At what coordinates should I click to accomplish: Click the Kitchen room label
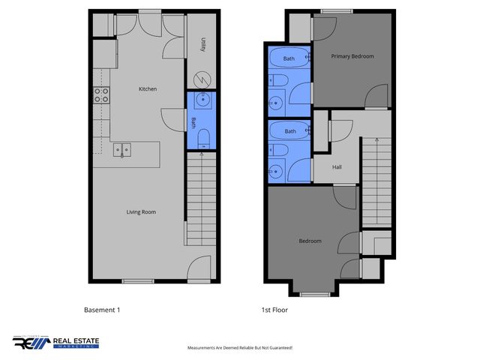point(148,89)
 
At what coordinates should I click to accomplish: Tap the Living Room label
point(141,212)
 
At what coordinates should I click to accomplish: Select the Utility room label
point(202,46)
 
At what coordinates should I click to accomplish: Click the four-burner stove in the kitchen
point(100,94)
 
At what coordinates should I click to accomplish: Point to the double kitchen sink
point(121,150)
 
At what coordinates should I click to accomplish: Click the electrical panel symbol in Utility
point(202,79)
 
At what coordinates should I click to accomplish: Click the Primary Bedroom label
point(352,56)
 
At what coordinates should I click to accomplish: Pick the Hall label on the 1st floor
point(337,167)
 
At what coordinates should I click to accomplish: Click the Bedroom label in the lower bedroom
point(310,241)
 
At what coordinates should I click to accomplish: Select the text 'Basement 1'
point(101,309)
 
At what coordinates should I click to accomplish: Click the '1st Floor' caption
point(274,309)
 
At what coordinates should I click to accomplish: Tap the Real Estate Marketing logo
point(55,343)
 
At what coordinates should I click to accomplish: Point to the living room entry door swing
point(200,266)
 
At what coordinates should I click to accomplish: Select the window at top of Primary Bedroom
point(337,10)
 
